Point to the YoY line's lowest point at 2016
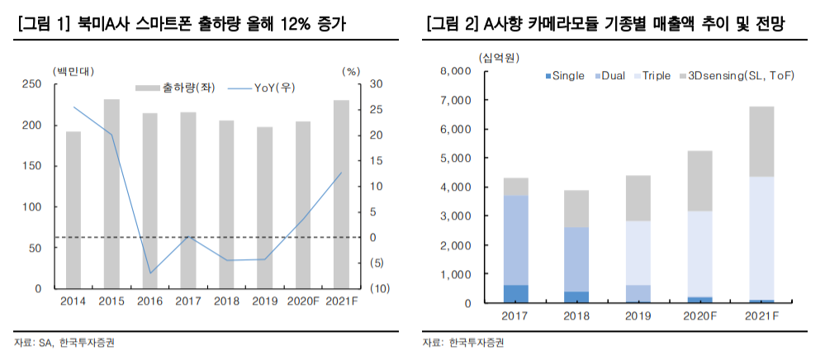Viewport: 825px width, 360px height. [x=150, y=272]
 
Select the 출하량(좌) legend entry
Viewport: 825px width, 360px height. [x=176, y=88]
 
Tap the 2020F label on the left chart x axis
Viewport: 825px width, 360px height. [x=302, y=301]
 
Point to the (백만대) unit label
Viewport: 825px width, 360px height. [x=72, y=71]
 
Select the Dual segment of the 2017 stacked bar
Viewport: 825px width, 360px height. [x=516, y=240]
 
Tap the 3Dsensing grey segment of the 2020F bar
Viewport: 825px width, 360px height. [x=700, y=182]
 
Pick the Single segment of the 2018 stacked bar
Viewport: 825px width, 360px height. [x=577, y=297]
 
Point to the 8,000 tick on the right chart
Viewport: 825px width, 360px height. [x=455, y=71]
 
